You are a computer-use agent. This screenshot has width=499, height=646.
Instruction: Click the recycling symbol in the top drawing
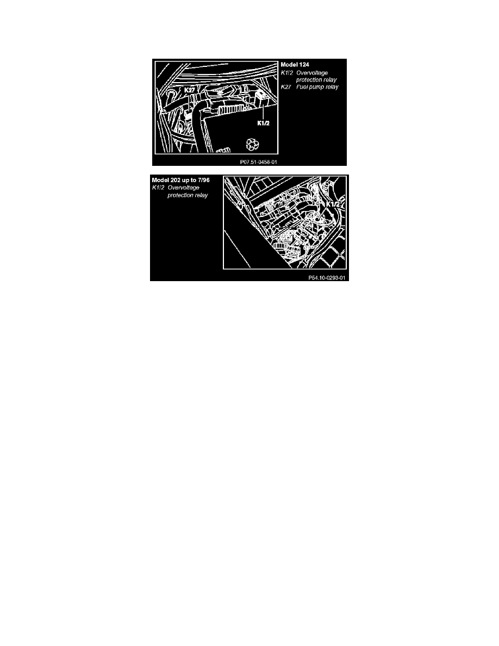point(253,144)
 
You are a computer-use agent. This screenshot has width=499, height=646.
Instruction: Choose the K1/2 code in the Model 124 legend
point(286,73)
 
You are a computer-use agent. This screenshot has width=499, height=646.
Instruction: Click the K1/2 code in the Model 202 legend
point(158,188)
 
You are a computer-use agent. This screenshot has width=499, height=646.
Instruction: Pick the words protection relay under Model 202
point(188,195)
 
